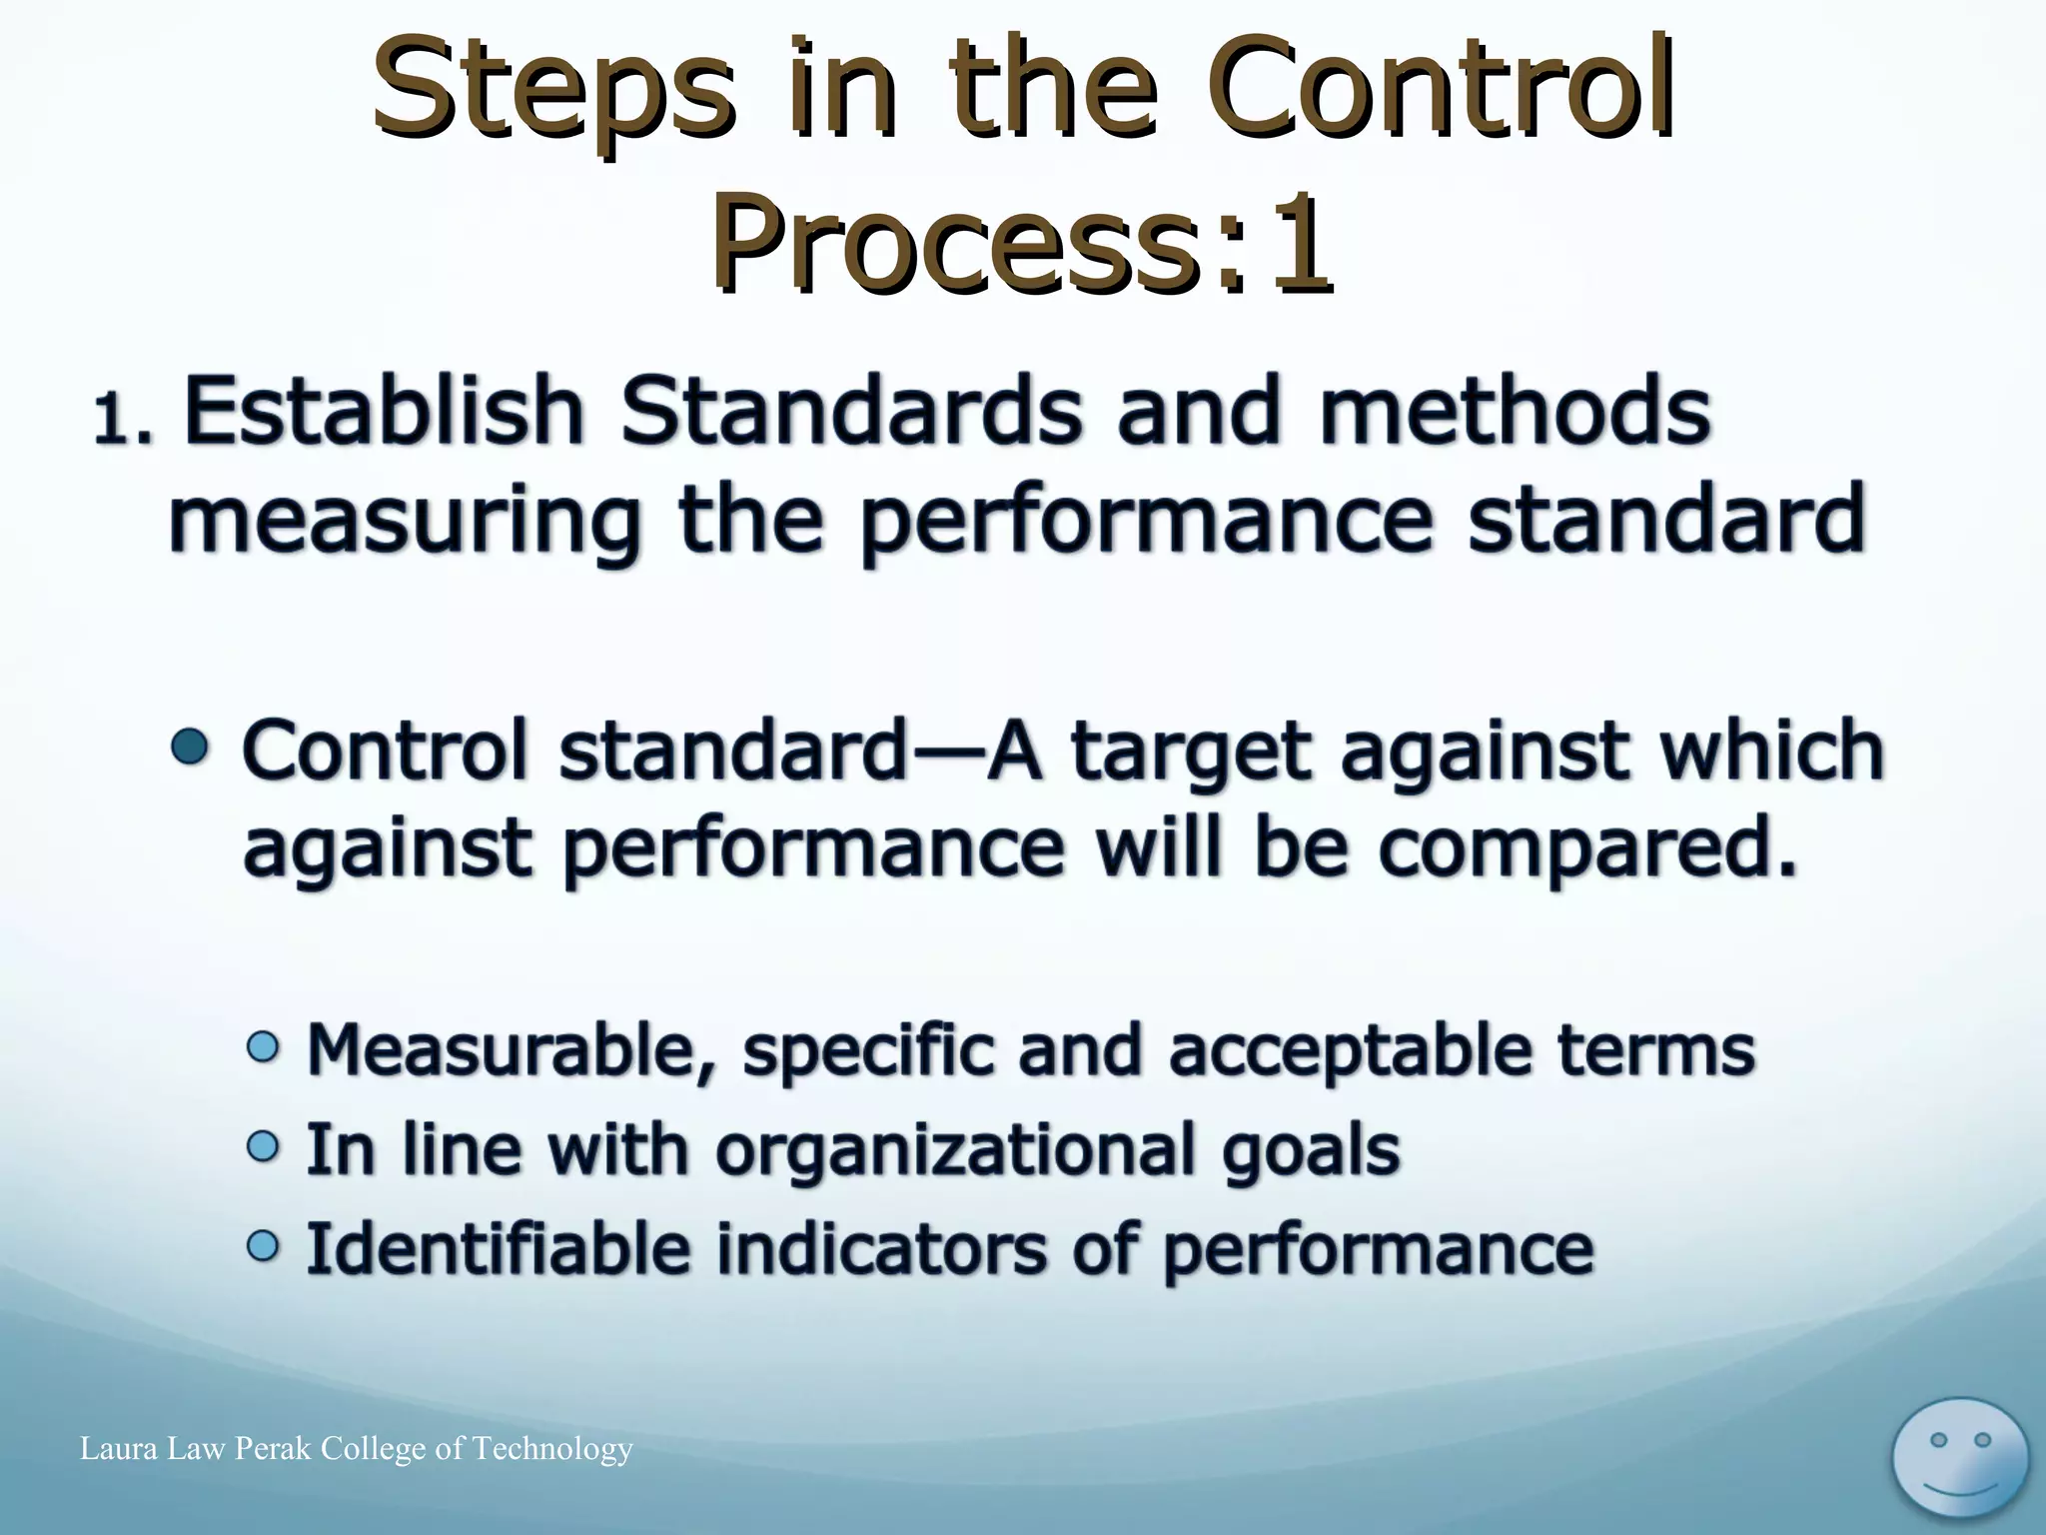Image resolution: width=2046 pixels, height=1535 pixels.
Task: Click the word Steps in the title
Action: [x=551, y=92]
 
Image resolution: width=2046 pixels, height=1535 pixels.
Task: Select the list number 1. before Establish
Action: [x=124, y=419]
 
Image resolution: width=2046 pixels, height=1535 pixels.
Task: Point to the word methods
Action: [x=1515, y=412]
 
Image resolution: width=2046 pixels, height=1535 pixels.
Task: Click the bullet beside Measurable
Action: [x=263, y=1047]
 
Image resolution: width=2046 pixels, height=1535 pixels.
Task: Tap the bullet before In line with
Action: [x=263, y=1146]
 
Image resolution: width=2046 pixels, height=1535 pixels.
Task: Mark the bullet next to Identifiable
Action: [x=263, y=1245]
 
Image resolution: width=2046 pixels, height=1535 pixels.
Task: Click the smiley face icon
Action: [x=1960, y=1460]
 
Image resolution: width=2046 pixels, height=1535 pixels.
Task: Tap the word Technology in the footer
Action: [x=551, y=1449]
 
